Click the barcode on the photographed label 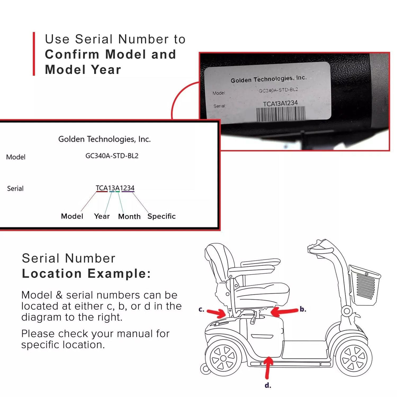[281, 114]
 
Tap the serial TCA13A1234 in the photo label [280, 104]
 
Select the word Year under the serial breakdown [102, 216]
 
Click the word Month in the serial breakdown [129, 216]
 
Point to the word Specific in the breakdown [162, 216]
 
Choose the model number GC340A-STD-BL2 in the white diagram [112, 156]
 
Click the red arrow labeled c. [216, 313]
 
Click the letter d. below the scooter [268, 386]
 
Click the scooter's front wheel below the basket [354, 358]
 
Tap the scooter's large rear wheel [223, 358]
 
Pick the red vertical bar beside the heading [34, 54]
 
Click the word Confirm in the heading [72, 54]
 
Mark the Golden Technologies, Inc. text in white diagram [104, 139]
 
